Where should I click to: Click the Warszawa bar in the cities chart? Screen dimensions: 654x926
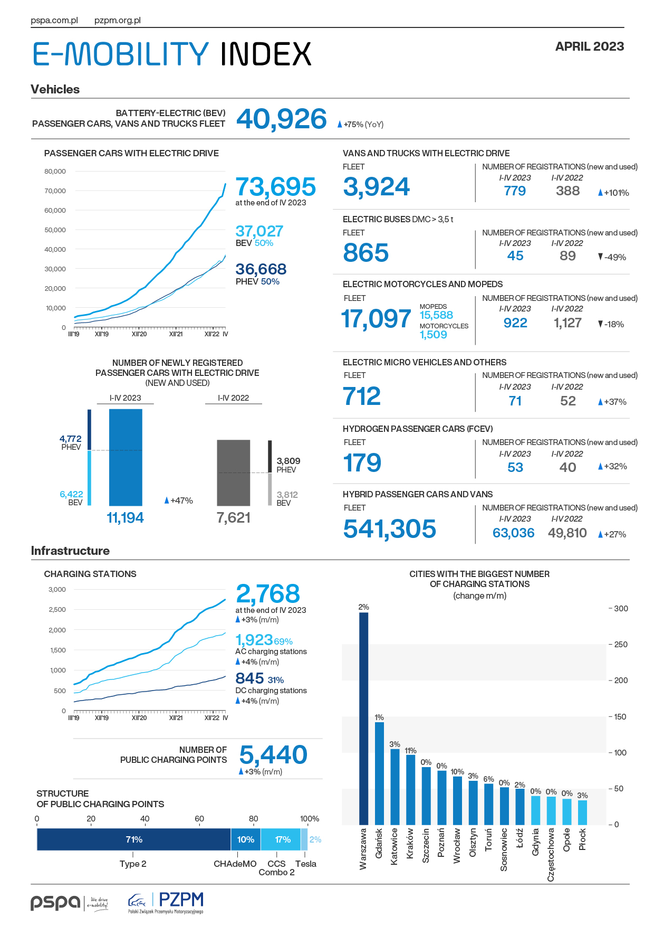pyautogui.click(x=363, y=719)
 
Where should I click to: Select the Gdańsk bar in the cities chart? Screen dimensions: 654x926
pyautogui.click(x=379, y=773)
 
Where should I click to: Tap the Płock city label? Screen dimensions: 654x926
pyautogui.click(x=582, y=839)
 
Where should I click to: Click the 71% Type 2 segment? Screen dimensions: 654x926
pyautogui.click(x=134, y=839)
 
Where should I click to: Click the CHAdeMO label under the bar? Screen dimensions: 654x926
pyautogui.click(x=235, y=864)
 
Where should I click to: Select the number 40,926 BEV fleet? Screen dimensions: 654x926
pyautogui.click(x=282, y=119)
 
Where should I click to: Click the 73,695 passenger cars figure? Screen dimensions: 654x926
pyautogui.click(x=276, y=187)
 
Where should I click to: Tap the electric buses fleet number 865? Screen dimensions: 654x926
pyautogui.click(x=366, y=253)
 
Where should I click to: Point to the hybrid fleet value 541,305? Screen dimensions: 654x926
pyautogui.click(x=390, y=529)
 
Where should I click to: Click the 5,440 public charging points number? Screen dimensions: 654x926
pyautogui.click(x=273, y=755)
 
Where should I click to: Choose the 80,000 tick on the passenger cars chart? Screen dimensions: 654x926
pyautogui.click(x=55, y=171)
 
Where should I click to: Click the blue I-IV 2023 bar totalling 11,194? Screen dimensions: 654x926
pyautogui.click(x=126, y=457)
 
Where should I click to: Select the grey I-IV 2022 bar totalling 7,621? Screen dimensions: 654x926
pyautogui.click(x=234, y=473)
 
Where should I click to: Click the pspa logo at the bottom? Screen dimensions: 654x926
pyautogui.click(x=69, y=903)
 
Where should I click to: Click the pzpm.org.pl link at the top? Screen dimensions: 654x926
pyautogui.click(x=118, y=21)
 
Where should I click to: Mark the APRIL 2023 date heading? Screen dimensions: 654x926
pyautogui.click(x=590, y=46)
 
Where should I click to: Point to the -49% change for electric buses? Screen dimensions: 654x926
pyautogui.click(x=612, y=257)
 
